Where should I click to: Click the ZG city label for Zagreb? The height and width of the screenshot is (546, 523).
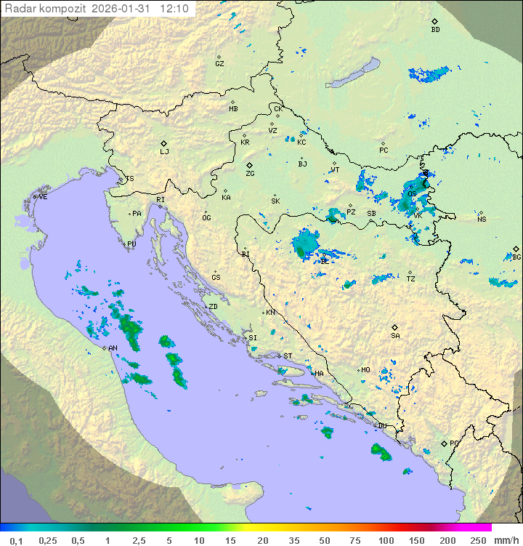(250, 174)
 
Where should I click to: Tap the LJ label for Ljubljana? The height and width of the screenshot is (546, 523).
(164, 152)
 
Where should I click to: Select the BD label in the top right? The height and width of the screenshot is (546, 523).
(435, 30)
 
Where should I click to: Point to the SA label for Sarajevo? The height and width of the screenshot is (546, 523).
(395, 335)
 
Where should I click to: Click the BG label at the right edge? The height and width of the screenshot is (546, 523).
(516, 257)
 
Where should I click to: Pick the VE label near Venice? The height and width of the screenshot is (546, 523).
(43, 197)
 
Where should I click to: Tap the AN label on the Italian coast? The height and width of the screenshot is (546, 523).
(113, 348)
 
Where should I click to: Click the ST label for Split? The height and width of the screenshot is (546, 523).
(288, 356)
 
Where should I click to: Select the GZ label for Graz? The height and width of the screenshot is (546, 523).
(219, 63)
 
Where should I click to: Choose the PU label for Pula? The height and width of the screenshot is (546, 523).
(131, 244)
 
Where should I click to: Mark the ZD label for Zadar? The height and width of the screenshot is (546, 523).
(213, 307)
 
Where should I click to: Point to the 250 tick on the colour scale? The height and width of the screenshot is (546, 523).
(477, 540)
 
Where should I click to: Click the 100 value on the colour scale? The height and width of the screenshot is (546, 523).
(386, 540)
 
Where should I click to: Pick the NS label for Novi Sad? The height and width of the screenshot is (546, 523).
(481, 219)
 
